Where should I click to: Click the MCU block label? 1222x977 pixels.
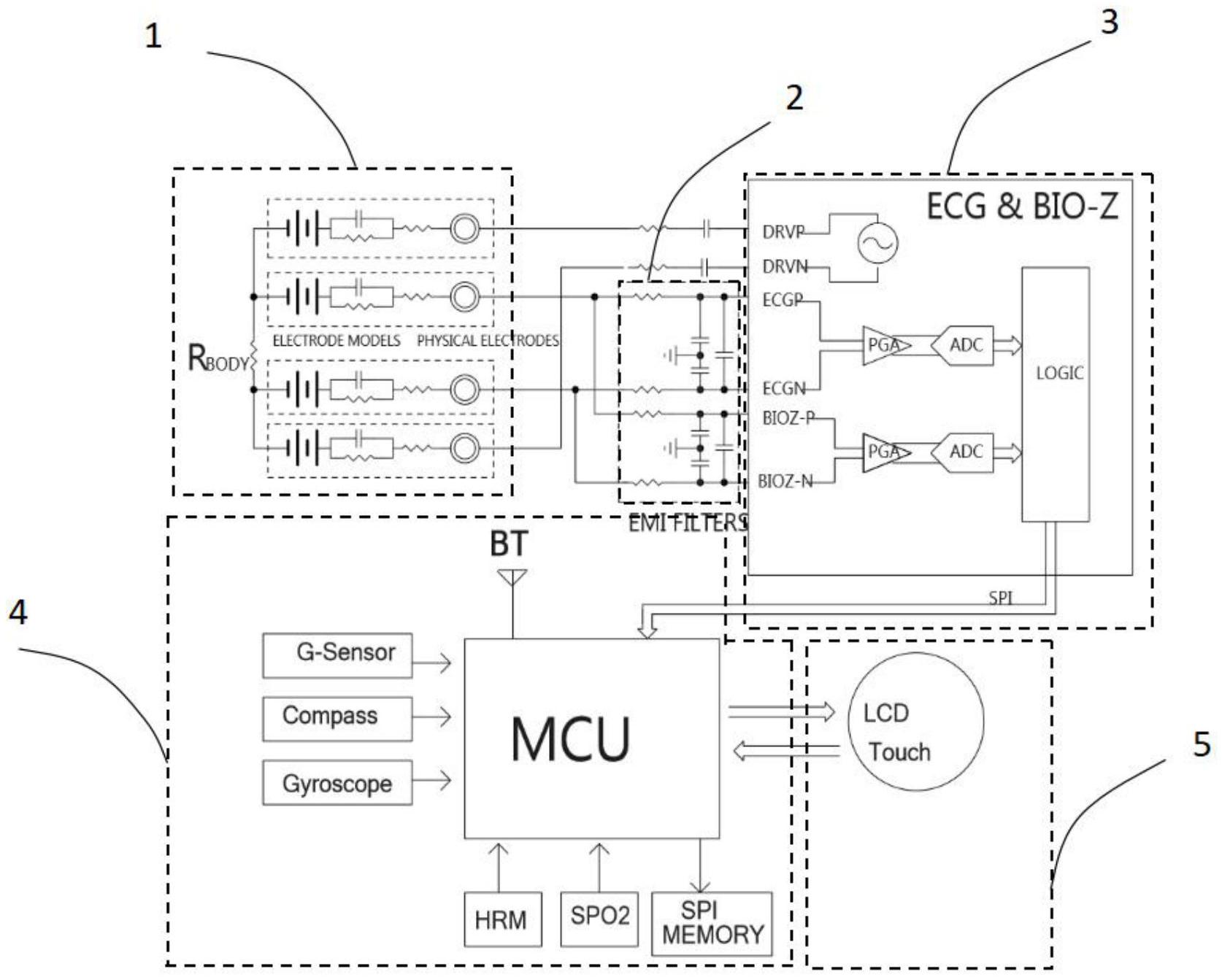570,739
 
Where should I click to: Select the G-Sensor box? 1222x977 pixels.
337,654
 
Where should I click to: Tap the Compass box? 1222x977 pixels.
337,718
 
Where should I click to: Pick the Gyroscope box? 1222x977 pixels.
337,782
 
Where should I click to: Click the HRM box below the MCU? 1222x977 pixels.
502,919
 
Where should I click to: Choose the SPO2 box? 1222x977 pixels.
599,917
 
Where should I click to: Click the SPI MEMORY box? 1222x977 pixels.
711,923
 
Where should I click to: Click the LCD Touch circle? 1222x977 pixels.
915,721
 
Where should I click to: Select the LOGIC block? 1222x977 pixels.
1056,394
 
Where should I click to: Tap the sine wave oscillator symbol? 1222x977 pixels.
877,244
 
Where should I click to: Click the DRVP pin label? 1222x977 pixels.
783,232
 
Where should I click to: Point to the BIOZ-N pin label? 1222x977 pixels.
785,482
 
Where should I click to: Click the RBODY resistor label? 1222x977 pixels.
218,358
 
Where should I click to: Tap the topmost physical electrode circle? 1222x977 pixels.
464,228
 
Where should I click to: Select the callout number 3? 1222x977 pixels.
1109,23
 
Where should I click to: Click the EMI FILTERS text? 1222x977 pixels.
687,522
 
